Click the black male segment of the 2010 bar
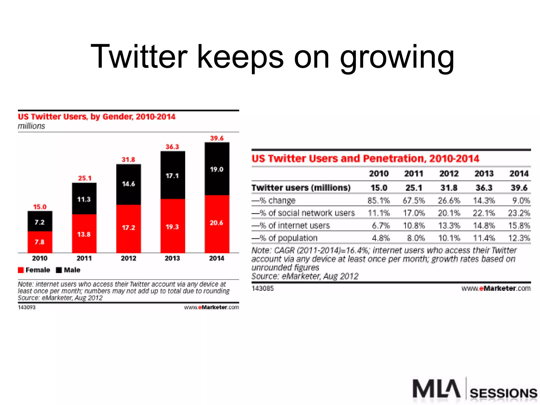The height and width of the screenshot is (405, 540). [40, 221]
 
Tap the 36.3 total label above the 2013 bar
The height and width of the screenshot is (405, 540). [172, 147]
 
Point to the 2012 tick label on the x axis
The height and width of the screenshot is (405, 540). [128, 258]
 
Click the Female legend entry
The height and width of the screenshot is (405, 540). [34, 270]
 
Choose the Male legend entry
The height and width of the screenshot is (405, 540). [68, 270]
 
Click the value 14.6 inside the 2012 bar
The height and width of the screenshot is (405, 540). [128, 184]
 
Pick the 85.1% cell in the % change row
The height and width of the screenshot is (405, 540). [379, 201]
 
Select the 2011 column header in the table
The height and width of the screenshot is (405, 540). [414, 173]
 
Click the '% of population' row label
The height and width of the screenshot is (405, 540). [285, 238]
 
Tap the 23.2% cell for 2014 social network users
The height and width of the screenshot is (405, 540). [519, 213]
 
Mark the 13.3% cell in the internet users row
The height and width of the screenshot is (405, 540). [449, 226]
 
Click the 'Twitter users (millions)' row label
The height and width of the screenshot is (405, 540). [301, 188]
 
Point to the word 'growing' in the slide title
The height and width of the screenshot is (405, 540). [397, 57]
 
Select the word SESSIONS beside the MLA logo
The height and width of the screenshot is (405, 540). [503, 393]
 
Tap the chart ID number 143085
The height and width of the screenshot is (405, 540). [263, 288]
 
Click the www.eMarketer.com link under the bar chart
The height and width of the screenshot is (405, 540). [211, 307]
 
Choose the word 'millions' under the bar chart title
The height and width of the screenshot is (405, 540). [31, 126]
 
